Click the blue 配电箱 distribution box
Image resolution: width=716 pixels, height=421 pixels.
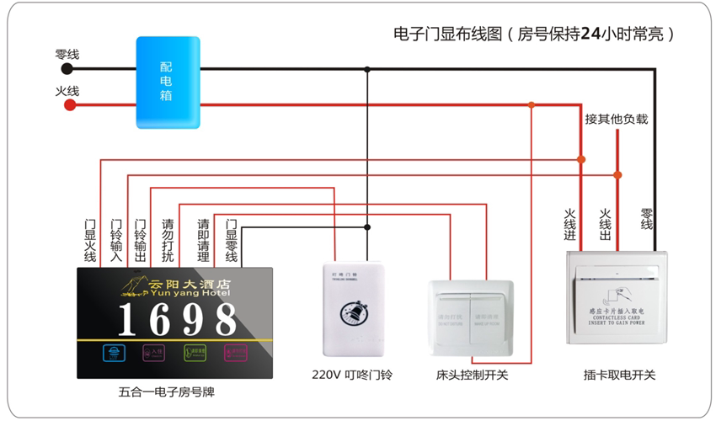click(168, 83)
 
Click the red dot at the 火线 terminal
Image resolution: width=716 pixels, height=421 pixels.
click(70, 105)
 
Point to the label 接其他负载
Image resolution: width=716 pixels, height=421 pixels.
click(617, 119)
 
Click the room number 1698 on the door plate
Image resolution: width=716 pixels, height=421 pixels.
click(177, 320)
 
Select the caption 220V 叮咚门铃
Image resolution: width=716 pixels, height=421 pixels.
click(351, 375)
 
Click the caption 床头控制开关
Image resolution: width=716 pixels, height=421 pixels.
click(473, 375)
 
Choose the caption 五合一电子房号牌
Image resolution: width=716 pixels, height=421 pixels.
click(168, 392)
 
